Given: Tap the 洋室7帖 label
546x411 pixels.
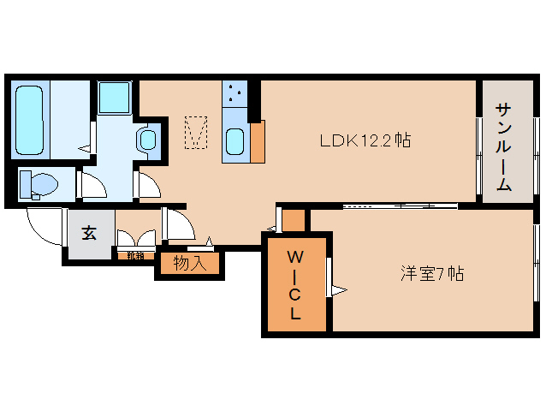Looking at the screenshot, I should click(x=432, y=274).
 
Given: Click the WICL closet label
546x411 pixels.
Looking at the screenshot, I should click(x=294, y=284).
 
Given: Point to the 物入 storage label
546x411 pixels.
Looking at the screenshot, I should click(x=190, y=264).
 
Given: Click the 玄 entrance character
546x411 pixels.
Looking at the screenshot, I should click(x=89, y=233).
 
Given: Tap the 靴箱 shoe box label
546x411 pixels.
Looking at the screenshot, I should click(x=134, y=254).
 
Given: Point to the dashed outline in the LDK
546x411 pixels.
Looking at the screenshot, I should click(x=197, y=132).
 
